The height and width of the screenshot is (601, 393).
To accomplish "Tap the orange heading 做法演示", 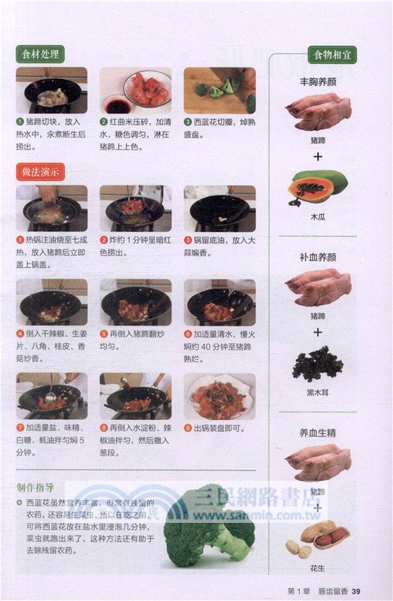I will [41, 171].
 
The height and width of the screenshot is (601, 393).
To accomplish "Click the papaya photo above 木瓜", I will [318, 188].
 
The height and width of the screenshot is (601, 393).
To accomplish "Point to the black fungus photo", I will [318, 364].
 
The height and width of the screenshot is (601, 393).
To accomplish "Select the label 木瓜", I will [318, 216].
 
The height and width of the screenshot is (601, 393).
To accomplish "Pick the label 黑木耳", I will [318, 391].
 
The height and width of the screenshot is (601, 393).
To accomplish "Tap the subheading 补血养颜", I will [318, 257].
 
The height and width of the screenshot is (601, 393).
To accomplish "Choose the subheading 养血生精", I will [318, 432].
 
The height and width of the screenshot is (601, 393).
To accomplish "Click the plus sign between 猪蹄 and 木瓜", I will [318, 157].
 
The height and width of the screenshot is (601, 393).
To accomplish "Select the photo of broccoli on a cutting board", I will [219, 89].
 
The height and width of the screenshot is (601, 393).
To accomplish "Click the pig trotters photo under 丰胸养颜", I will [316, 112].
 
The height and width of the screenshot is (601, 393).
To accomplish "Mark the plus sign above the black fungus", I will [318, 331].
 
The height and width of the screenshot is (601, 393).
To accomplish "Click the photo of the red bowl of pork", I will [136, 89].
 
